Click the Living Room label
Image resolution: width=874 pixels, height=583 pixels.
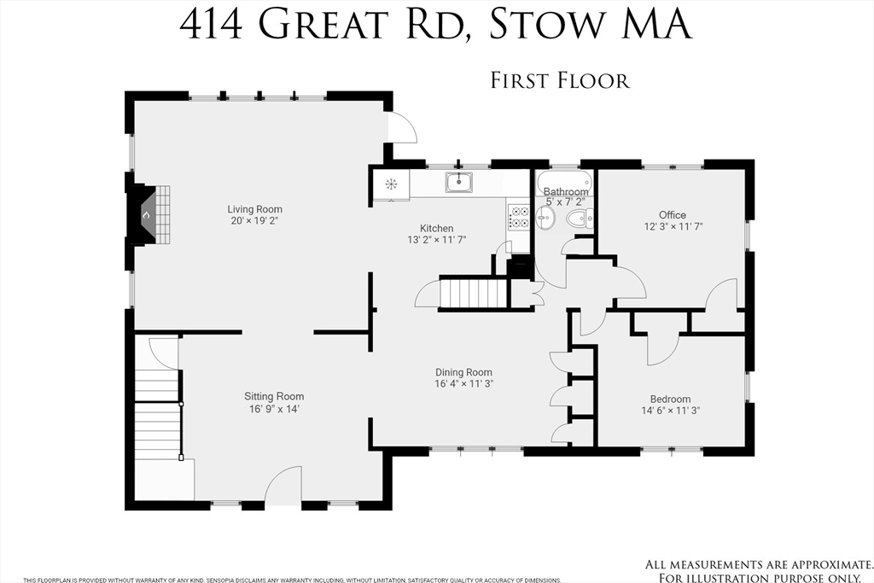click(x=254, y=209)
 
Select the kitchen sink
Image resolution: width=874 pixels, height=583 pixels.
click(x=459, y=181)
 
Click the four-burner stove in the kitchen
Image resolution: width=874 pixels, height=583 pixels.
click(x=518, y=218)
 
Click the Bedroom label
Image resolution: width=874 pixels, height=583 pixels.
click(x=670, y=399)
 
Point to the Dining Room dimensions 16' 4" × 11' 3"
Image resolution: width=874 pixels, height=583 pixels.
click(x=464, y=384)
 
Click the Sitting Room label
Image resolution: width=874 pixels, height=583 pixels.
click(x=274, y=396)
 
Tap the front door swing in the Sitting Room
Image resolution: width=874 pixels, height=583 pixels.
click(x=284, y=486)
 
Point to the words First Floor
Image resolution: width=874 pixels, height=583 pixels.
click(x=559, y=81)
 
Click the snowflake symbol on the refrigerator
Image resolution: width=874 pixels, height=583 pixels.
click(x=392, y=184)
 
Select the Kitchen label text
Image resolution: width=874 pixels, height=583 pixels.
click(x=436, y=228)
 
